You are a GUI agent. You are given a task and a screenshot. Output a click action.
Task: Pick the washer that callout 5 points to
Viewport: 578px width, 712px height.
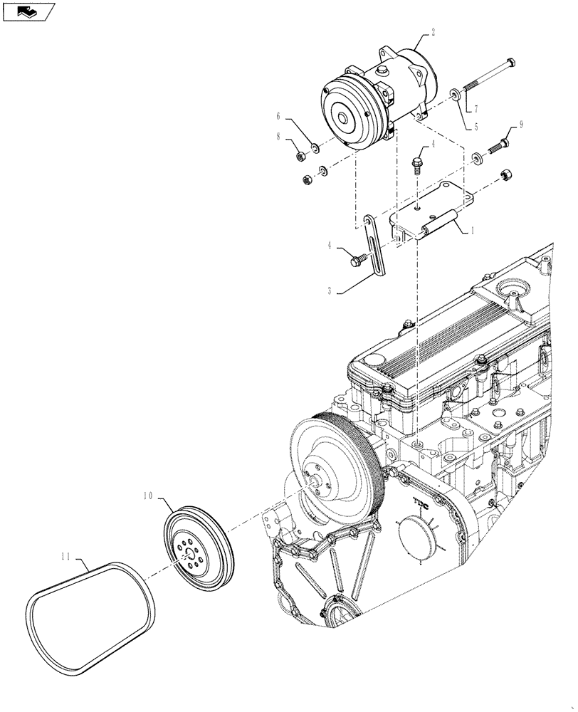coord(453,95)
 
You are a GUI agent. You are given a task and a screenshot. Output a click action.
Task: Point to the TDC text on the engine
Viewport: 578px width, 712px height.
coord(422,503)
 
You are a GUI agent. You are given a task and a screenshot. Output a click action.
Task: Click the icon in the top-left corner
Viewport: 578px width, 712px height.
coord(28,11)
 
